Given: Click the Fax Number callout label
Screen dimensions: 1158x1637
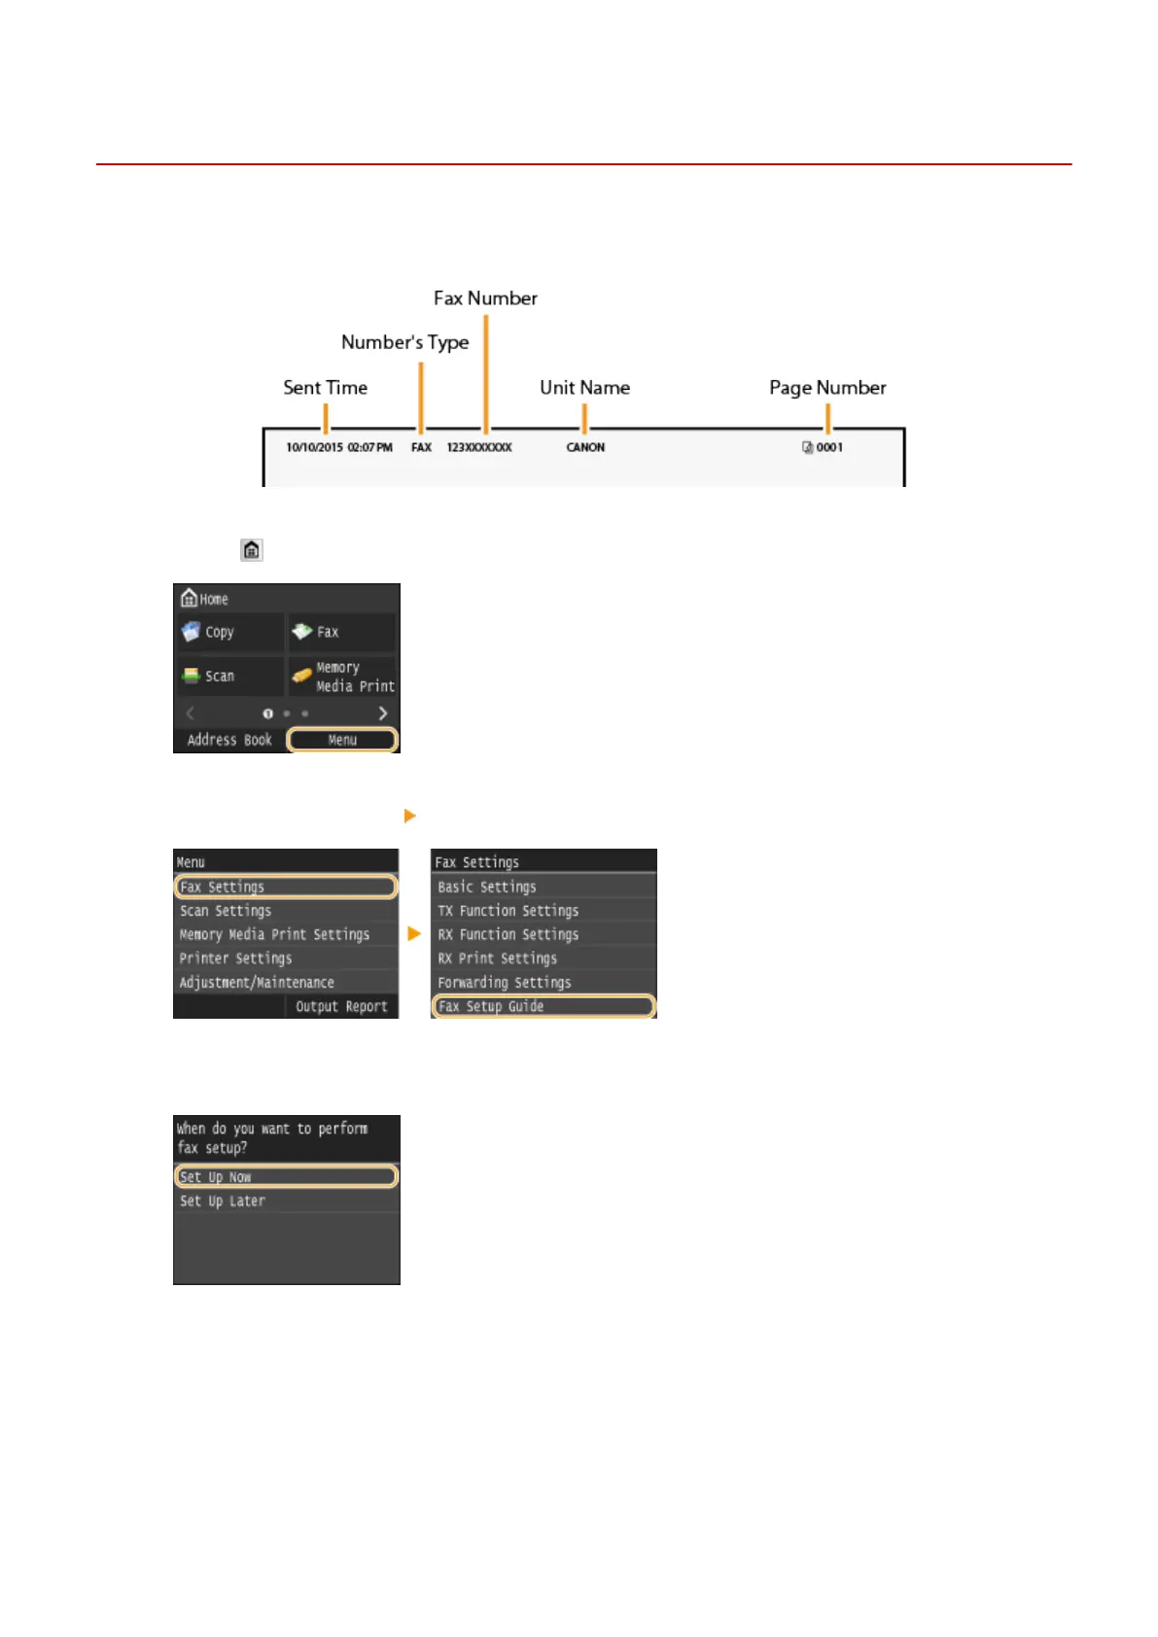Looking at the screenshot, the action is pos(485,298).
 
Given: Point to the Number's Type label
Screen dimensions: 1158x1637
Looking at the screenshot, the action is pos(404,342).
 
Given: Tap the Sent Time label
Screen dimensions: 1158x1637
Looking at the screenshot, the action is pos(325,388).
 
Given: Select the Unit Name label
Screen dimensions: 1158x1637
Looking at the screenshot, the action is pos(584,388).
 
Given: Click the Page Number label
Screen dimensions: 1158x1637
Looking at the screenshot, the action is pos(827,388).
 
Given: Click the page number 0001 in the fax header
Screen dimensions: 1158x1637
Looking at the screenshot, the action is pos(828,447).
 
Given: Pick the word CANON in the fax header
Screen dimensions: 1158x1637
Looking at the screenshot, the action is pos(585,447).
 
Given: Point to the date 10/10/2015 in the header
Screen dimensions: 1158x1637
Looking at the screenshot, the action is pos(314,447).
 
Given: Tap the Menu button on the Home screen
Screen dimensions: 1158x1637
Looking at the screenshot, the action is pos(342,740).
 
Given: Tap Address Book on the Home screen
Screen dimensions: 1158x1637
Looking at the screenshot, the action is pos(229,740).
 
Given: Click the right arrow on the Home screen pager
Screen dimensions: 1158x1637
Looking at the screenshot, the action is pos(382,714).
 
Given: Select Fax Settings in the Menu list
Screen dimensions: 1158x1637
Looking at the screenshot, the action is pos(286,887).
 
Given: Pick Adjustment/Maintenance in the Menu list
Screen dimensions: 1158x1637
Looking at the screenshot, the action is pos(257,983).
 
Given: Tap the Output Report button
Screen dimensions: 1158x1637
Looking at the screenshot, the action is pos(341,1007).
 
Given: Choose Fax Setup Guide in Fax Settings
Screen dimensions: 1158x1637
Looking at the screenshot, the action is pos(543,1006).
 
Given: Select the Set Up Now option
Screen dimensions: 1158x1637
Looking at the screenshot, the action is pos(286,1177).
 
